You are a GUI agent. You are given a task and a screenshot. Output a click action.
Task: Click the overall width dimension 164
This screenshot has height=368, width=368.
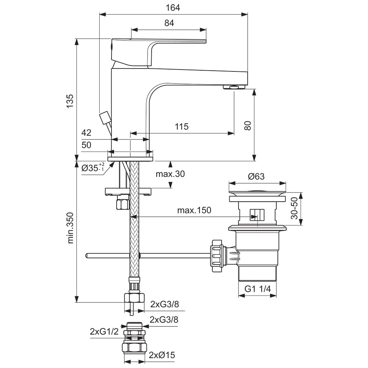(x=173, y=7)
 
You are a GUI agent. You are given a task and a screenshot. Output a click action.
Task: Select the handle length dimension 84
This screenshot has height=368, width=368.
(x=169, y=23)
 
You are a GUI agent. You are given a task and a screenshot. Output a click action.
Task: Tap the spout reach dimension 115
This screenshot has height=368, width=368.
(x=181, y=127)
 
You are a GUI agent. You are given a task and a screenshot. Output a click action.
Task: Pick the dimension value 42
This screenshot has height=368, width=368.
(x=86, y=132)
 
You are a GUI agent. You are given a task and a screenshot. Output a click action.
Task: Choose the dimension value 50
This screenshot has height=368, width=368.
(x=86, y=145)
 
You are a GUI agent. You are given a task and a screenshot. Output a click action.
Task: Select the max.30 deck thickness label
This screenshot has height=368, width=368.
(x=170, y=174)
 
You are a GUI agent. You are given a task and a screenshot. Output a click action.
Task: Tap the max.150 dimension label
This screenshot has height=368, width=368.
(x=194, y=210)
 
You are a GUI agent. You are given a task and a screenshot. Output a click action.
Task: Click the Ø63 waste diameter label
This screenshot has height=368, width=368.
(x=256, y=176)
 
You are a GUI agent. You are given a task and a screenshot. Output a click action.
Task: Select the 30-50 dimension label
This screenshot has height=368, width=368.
(x=294, y=209)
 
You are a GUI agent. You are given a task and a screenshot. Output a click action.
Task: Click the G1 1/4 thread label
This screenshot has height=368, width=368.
(x=258, y=289)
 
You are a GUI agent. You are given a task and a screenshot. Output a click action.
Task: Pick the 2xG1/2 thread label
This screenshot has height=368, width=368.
(x=104, y=332)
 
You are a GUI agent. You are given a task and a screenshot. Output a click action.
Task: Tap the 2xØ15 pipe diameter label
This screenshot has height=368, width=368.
(x=162, y=355)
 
